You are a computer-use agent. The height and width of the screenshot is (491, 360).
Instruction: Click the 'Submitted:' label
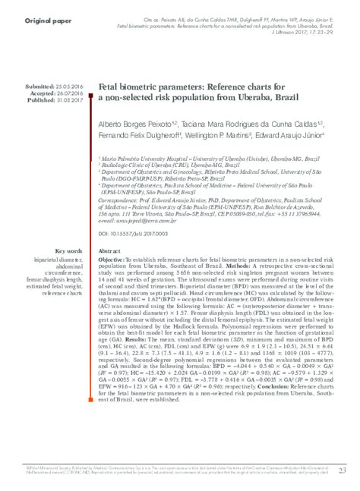[43, 89]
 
